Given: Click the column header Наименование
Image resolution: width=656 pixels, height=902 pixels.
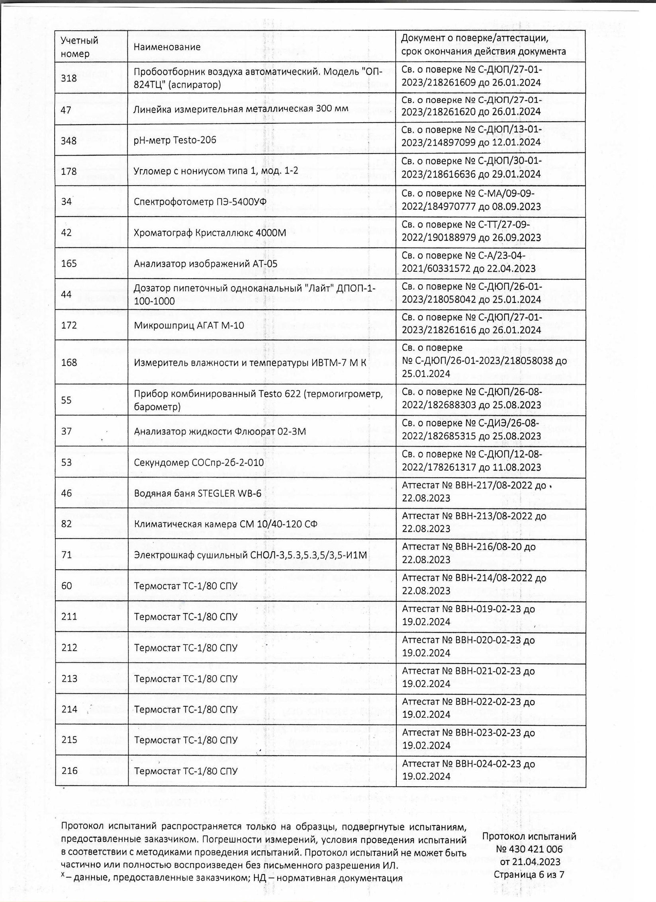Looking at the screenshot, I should [x=167, y=47].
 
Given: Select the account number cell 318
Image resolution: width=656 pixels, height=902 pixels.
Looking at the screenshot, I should [x=69, y=78].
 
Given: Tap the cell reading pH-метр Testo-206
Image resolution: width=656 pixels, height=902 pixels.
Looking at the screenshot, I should [x=175, y=140].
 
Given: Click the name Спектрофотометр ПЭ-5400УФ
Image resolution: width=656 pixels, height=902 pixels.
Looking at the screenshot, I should [x=200, y=202].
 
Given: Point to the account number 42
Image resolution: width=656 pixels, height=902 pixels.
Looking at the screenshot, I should [x=67, y=232].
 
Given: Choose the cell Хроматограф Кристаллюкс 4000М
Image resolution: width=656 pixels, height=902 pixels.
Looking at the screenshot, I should [x=210, y=233].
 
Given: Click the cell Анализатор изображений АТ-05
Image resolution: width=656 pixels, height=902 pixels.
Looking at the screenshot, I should [x=206, y=264].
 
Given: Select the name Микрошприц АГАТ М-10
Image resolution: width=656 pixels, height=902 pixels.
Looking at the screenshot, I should [x=189, y=326].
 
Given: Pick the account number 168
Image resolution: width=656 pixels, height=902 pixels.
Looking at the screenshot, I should [x=69, y=362].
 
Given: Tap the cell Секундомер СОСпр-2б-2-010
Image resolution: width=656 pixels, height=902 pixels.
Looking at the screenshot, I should [x=199, y=463].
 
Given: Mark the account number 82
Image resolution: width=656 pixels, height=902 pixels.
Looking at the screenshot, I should [x=67, y=524].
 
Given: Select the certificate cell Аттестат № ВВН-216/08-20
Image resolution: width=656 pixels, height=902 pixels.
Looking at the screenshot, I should [x=474, y=553].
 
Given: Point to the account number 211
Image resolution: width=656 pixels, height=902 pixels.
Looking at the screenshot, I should [x=69, y=617].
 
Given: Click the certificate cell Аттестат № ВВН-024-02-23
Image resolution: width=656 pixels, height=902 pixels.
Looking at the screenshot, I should [x=474, y=770].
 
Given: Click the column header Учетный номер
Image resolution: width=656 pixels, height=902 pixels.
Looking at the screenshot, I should [x=80, y=47].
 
